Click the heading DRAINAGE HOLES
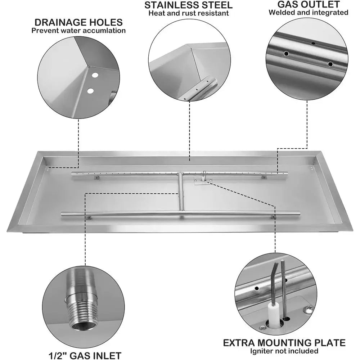pyautogui.click(x=78, y=22)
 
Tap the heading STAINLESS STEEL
pyautogui.click(x=189, y=5)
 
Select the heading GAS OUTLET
pyautogui.click(x=309, y=4)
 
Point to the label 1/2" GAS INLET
pyautogui.click(x=85, y=355)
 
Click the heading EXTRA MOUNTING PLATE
pyautogui.click(x=284, y=343)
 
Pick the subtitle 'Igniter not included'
pyautogui.click(x=284, y=351)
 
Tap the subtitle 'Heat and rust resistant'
pyautogui.click(x=189, y=13)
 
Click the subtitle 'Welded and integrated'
pyautogui.click(x=309, y=12)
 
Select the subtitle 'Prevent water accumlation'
pyautogui.click(x=78, y=31)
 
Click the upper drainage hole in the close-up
pyautogui.click(x=95, y=75)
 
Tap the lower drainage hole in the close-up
pyautogui.click(x=90, y=91)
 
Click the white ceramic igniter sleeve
pyautogui.click(x=274, y=313)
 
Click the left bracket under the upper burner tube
pyautogui.click(x=96, y=177)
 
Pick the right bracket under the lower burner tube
pyautogui.click(x=273, y=217)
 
